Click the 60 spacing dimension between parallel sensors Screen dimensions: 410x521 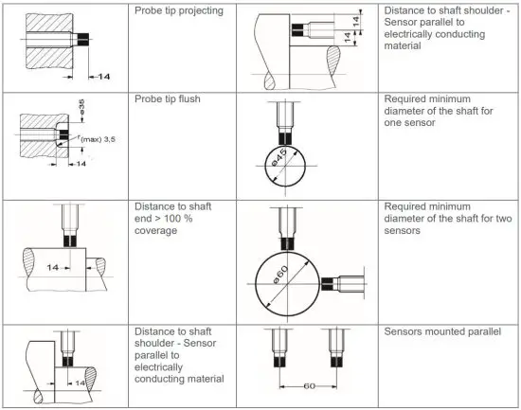click(309, 386)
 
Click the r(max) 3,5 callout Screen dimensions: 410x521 click(99, 140)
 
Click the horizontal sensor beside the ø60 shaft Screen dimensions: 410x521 click(334, 282)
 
